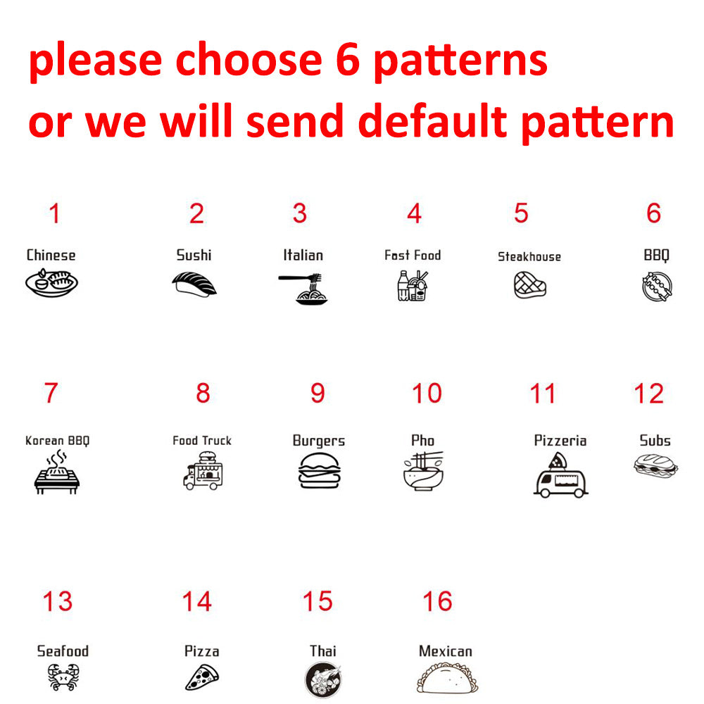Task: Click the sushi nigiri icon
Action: (x=194, y=284)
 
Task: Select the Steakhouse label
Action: (x=529, y=256)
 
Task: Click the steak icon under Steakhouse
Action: (x=530, y=285)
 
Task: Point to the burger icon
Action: (x=319, y=470)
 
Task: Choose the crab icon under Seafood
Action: (x=63, y=677)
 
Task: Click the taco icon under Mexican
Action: (x=447, y=679)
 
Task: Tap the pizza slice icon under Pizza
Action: (x=202, y=677)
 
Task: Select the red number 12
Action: (x=649, y=394)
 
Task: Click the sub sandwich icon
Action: (x=655, y=465)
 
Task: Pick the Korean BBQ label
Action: (x=58, y=441)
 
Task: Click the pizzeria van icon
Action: (x=561, y=475)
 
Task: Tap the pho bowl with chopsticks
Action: (x=423, y=471)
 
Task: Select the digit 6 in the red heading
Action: (x=348, y=60)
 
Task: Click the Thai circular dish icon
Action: (x=323, y=680)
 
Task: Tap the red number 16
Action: (x=437, y=601)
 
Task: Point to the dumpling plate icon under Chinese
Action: (x=51, y=283)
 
